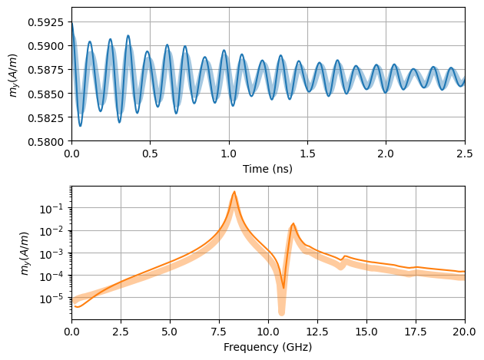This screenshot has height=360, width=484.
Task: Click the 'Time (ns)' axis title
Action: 267,167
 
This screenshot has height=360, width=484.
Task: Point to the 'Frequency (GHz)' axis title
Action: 267,347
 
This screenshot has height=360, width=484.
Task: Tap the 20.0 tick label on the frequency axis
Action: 464,332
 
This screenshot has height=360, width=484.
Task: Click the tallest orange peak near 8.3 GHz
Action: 234,192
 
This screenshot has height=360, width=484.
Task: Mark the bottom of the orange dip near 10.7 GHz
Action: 283,288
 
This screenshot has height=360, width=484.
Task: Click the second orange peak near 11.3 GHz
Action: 293,223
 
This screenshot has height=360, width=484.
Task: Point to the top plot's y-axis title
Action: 13,74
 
